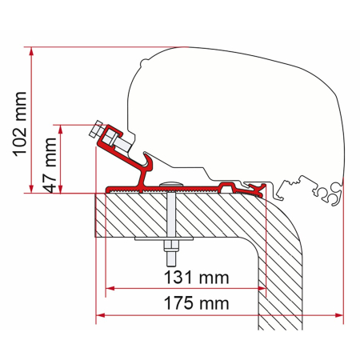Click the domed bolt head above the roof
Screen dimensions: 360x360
(170, 185)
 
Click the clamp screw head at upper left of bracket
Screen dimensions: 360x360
(97, 129)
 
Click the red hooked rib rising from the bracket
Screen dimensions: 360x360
(144, 168)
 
